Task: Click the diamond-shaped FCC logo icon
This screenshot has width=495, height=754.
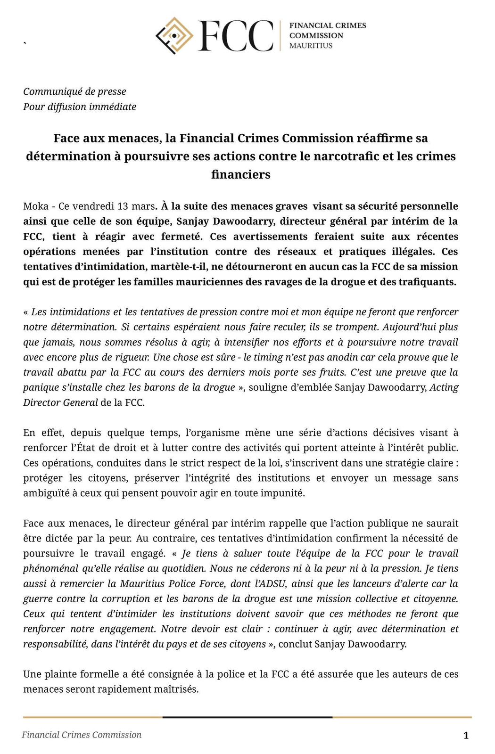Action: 174,35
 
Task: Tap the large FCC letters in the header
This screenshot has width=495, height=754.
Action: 236,36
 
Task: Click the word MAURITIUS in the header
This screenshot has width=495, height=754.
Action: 311,46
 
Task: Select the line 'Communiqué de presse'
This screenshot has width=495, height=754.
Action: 74,91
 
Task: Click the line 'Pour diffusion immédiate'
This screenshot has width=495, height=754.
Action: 80,107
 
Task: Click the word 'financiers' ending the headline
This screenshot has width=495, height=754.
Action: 240,174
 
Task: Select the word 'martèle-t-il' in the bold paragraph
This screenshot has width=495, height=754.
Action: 179,267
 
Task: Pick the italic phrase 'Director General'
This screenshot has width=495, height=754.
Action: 60,402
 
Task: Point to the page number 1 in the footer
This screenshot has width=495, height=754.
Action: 466,735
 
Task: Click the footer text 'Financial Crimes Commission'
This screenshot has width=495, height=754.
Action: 82,735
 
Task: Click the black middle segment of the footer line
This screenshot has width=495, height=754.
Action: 247,717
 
